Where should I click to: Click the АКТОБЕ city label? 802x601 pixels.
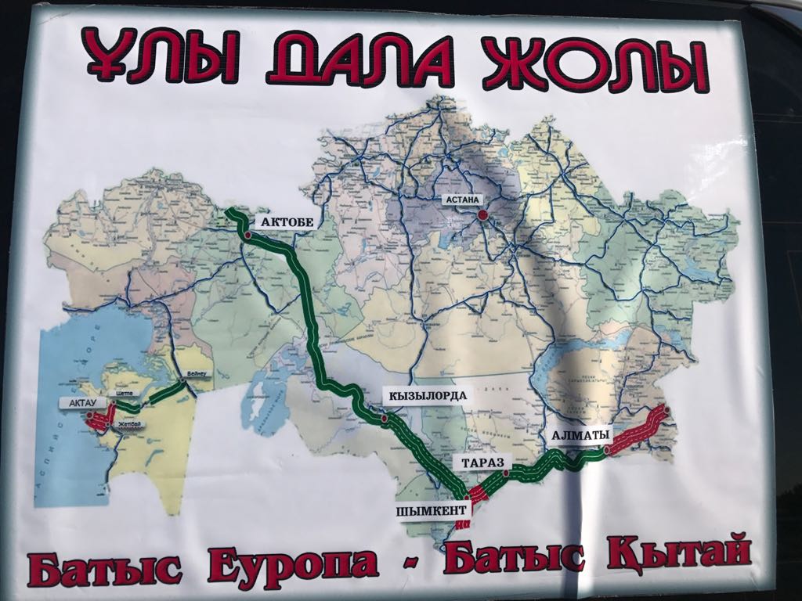coord(287,222)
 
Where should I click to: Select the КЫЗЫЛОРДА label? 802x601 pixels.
coord(427,395)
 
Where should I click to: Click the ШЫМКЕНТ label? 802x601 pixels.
coord(434,509)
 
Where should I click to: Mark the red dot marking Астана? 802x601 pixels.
coord(482,213)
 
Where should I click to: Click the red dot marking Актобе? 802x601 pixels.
coord(247,234)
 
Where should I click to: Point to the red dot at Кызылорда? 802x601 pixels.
coord(385,419)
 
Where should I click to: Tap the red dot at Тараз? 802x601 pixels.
coord(507,473)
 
